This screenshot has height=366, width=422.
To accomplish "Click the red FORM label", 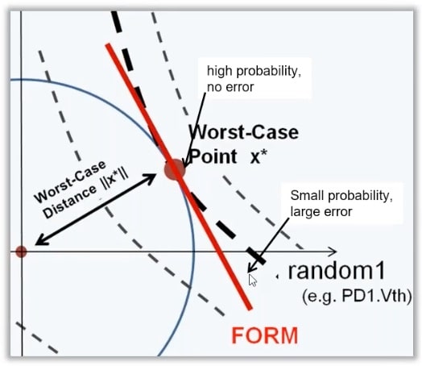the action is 265,335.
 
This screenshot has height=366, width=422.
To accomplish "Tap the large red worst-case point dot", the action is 175,169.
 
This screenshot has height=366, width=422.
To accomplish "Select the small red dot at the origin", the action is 21,252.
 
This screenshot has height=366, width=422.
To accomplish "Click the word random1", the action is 337,271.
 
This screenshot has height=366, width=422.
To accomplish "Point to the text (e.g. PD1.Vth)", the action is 357,297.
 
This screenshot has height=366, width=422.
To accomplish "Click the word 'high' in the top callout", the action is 219,71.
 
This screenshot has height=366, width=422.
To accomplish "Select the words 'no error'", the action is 230,87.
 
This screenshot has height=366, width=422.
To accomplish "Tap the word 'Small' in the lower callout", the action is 307,195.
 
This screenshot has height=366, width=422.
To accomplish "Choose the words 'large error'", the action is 321,212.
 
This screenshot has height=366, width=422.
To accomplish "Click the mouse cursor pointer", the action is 252,280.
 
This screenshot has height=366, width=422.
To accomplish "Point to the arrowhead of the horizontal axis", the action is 333,252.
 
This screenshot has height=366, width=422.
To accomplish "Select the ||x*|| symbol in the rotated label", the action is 115,180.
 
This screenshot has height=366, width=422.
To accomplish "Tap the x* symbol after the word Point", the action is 259,156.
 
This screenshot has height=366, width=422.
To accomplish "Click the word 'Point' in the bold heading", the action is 213,156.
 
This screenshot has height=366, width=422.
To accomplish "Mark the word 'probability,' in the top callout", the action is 269,72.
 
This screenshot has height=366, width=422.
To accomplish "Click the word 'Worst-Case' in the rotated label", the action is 69,181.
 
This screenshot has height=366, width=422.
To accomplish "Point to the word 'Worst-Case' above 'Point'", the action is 244,132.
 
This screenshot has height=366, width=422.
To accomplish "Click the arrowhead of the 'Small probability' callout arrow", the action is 248,272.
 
